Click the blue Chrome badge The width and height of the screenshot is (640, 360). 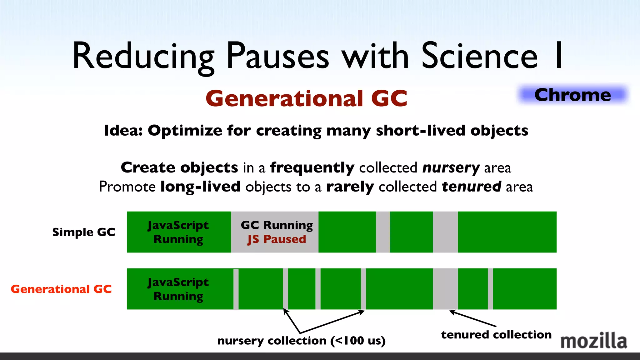(x=572, y=95)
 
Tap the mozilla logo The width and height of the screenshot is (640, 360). (x=593, y=341)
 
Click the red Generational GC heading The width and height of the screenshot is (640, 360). (x=306, y=99)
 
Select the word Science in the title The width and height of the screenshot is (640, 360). (x=479, y=56)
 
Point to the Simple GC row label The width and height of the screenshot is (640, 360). (x=83, y=232)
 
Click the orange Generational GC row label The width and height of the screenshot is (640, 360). (x=61, y=289)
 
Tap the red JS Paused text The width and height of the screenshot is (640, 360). (x=277, y=239)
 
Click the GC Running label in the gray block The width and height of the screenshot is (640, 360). (x=277, y=225)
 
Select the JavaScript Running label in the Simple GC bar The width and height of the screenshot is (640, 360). (x=178, y=232)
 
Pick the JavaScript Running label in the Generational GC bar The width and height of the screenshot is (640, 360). (x=178, y=289)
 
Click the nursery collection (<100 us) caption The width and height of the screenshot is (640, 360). (x=301, y=341)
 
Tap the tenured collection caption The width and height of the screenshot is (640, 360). (x=496, y=335)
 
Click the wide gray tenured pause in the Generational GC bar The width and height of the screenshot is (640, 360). (x=445, y=289)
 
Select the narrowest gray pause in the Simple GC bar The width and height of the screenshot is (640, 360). (x=383, y=232)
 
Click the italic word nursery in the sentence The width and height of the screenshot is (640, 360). (x=451, y=168)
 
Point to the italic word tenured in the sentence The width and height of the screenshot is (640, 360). (x=471, y=187)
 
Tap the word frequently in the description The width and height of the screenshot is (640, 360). (x=312, y=168)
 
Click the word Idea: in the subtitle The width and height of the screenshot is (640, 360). (x=123, y=131)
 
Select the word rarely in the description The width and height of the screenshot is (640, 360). (x=350, y=187)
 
